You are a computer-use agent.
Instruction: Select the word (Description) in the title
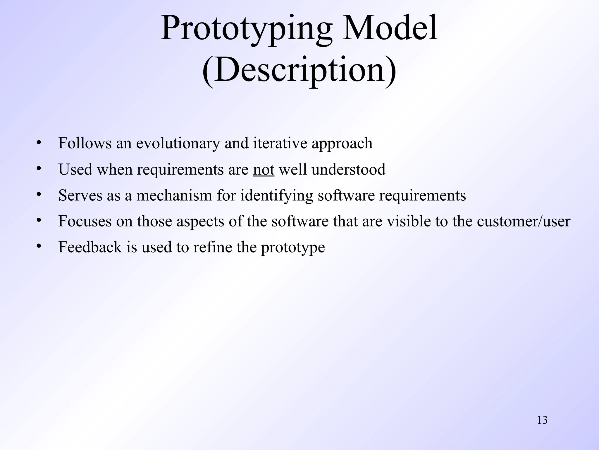coord(299,70)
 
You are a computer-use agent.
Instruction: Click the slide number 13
coord(542,420)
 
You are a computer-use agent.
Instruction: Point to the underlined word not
coord(264,170)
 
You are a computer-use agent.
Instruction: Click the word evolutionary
coord(178,144)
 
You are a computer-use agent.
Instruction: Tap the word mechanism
coord(174,195)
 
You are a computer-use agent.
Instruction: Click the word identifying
coord(276,196)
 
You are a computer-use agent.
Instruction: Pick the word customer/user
coord(523,221)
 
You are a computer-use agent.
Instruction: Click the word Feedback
coord(90,247)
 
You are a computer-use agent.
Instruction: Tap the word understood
coord(348,169)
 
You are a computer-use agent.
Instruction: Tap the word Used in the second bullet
coord(75,169)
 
